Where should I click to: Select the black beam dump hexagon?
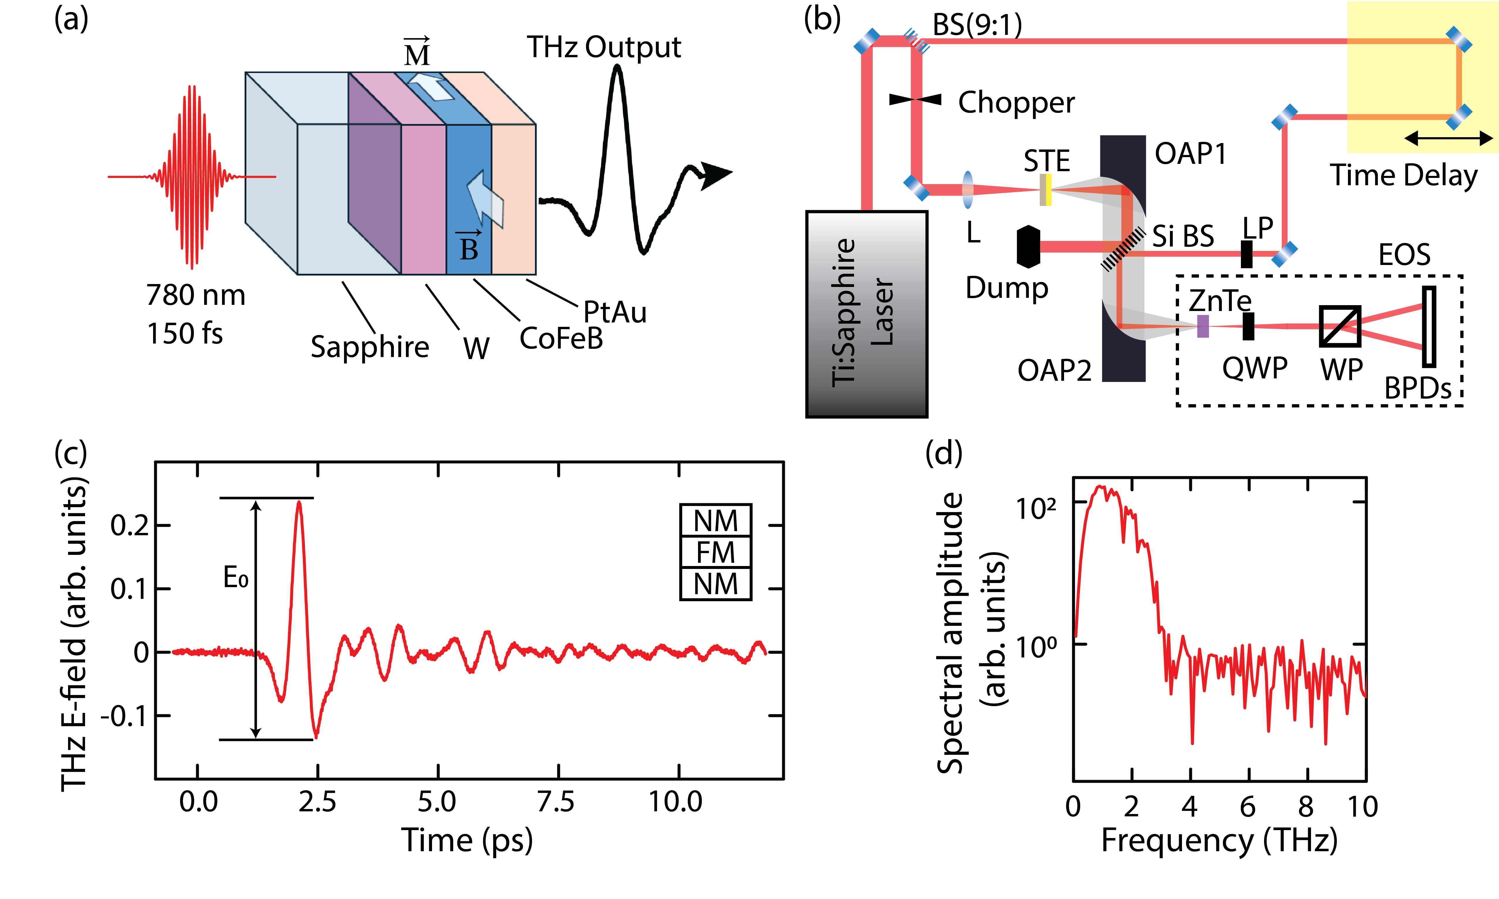point(1029,247)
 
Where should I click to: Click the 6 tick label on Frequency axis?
point(1247,806)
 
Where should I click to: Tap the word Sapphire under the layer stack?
point(370,347)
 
